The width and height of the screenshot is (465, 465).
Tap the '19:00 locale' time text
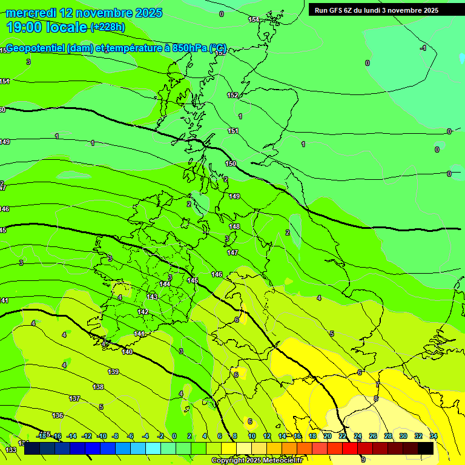point(47,27)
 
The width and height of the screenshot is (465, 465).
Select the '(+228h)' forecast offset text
point(107,27)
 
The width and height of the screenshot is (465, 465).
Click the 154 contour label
point(254,20)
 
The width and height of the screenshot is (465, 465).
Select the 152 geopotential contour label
point(232,95)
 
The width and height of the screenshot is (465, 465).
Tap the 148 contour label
point(234,226)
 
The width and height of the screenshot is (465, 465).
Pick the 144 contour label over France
point(165,283)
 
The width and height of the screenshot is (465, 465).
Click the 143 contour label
point(152,297)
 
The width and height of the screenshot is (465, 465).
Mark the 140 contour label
point(127,352)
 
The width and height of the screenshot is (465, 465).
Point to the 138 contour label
point(98,386)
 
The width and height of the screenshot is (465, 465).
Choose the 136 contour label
point(58,415)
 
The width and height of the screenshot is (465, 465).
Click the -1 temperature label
point(424,48)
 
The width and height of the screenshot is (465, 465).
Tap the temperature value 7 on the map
point(377,384)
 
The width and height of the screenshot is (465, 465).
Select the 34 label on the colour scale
point(434,436)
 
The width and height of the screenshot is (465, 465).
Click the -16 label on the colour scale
point(57,436)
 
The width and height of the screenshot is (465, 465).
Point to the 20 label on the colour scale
point(328,436)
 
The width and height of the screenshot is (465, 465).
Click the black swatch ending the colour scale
point(426,448)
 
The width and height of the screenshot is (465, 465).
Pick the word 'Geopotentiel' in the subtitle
point(36,48)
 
